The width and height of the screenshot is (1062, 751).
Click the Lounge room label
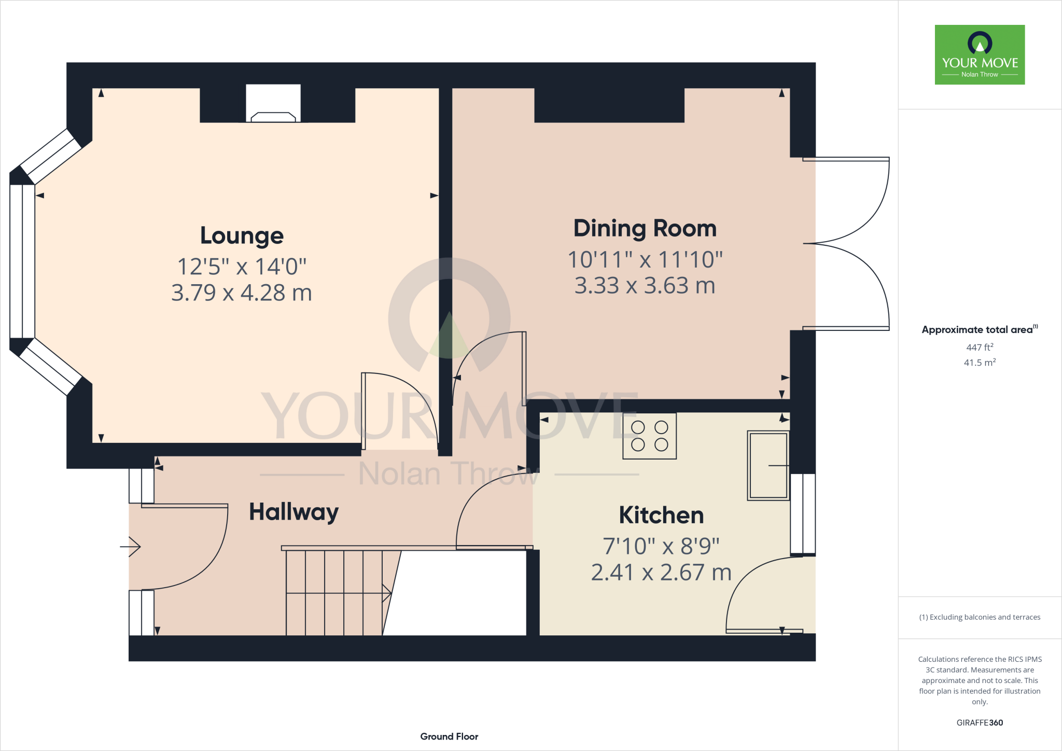click(242, 235)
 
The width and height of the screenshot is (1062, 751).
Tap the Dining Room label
click(645, 228)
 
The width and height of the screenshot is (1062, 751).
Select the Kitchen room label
click(661, 515)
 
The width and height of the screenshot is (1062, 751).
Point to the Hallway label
click(294, 512)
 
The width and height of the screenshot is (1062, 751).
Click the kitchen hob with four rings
click(649, 436)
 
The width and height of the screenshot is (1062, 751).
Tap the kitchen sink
click(768, 465)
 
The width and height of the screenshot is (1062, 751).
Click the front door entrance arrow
click(131, 547)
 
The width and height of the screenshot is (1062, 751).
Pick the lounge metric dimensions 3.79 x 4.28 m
click(242, 293)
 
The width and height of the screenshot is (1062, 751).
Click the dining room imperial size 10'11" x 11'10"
click(645, 260)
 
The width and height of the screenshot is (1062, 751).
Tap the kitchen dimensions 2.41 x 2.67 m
click(661, 573)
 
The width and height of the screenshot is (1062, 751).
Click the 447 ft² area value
click(980, 347)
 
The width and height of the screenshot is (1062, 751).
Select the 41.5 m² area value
click(980, 363)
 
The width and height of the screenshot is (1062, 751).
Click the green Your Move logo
click(980, 54)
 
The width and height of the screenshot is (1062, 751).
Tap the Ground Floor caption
click(449, 736)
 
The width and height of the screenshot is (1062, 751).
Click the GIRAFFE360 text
click(980, 722)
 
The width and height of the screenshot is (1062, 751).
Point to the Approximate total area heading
click(978, 330)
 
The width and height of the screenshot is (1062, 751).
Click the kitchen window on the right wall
click(803, 513)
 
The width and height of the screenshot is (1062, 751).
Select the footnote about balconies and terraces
click(980, 617)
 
